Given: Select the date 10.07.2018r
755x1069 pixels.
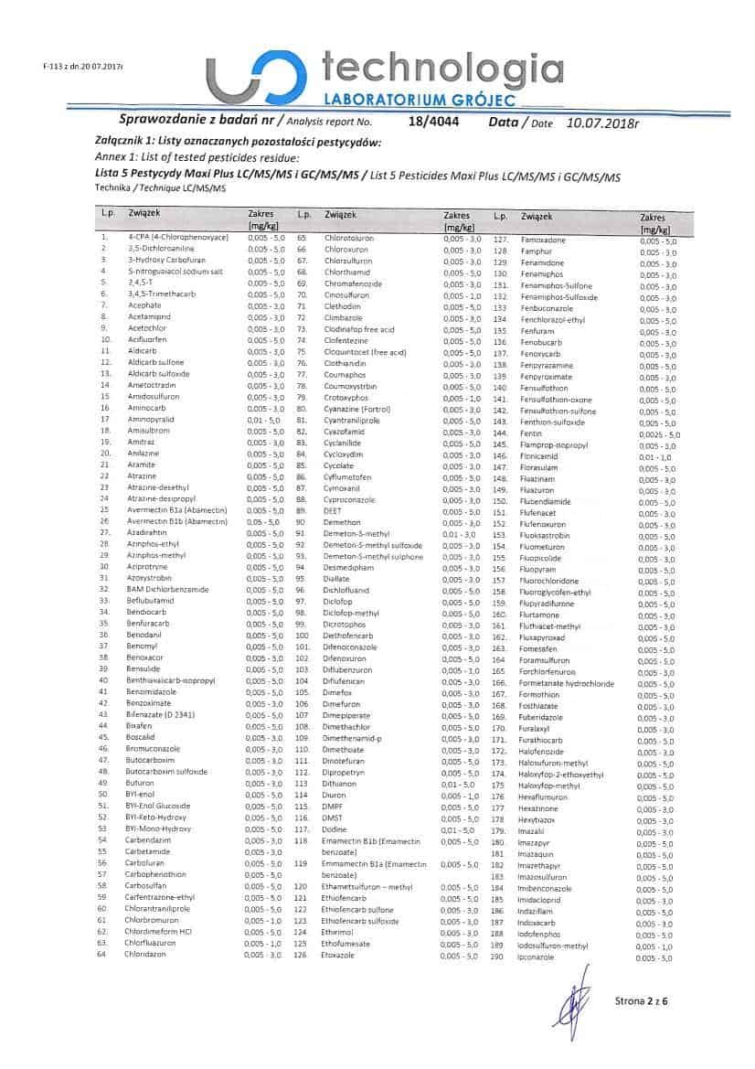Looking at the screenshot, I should tap(603, 121).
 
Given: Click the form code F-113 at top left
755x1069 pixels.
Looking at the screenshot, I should tap(81, 67).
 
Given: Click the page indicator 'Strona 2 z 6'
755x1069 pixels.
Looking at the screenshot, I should tap(639, 1000).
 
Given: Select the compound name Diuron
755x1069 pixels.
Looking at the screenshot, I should tap(334, 795).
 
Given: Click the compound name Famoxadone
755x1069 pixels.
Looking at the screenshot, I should tap(543, 240).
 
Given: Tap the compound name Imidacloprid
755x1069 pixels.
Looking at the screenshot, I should tap(542, 900).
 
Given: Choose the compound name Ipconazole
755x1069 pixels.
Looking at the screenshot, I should tap(537, 957).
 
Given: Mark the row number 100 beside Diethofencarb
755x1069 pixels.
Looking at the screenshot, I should tap(303, 635).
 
